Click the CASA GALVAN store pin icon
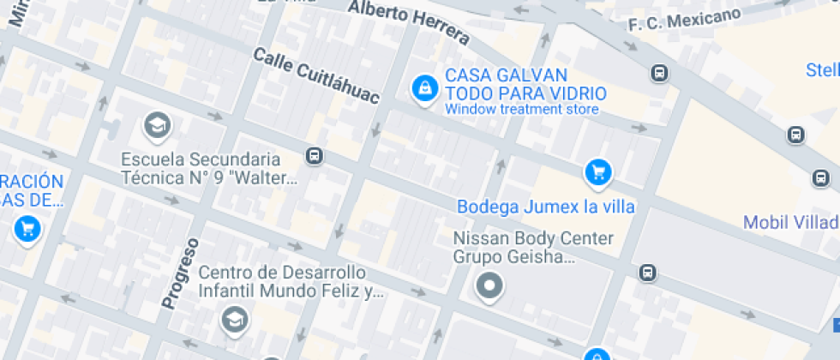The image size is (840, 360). coord(423,87)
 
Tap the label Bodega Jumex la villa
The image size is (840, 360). coord(545,207)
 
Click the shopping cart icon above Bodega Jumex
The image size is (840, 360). coord(597,173)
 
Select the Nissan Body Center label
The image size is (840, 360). coord(533,238)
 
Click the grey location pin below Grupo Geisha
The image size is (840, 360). coord(489,285)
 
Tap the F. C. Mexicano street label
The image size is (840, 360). coord(684,20)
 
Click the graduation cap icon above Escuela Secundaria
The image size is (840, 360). coord(157,126)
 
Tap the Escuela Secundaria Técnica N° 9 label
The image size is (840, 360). coord(201,169)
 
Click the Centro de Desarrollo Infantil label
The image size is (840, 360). coord(283,282)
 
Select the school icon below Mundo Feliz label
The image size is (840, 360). coord(233,320)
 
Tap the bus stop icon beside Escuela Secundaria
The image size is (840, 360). coord(315,156)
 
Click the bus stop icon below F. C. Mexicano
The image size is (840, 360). coord(659,74)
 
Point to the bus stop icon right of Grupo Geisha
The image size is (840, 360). coord(647,273)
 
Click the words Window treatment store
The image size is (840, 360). coord(521,110)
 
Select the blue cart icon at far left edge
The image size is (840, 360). coord(27,229)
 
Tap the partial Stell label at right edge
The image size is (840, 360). coord(822,69)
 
